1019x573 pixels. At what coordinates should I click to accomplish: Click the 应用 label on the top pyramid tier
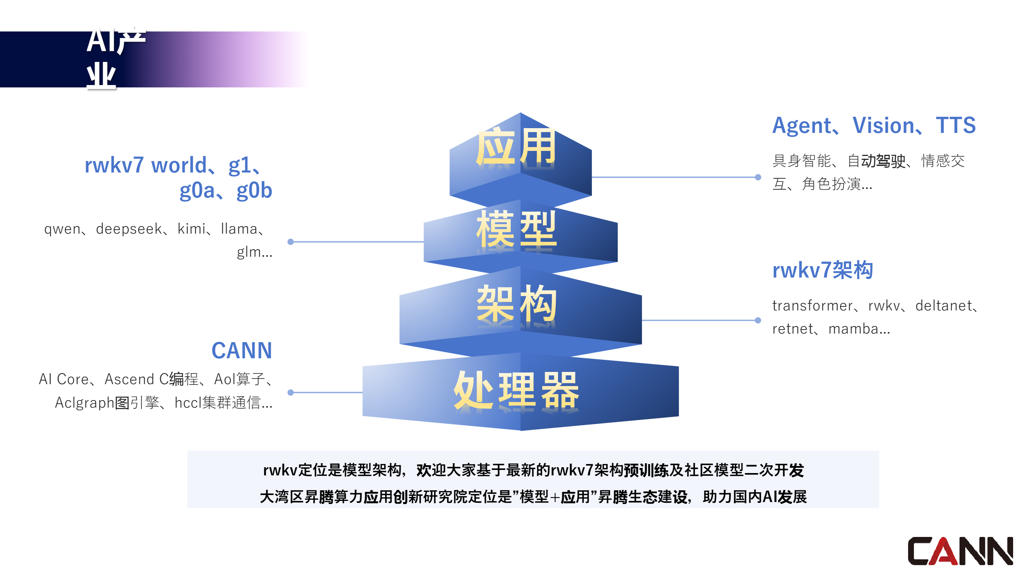point(516,147)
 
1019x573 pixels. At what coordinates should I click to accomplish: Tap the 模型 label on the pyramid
point(516,229)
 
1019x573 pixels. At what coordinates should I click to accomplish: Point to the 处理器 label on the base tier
point(516,390)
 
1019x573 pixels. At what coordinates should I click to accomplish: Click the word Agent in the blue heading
point(801,126)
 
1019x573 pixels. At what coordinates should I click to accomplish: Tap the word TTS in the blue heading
point(956,126)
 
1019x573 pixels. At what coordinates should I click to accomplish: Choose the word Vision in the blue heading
point(883,126)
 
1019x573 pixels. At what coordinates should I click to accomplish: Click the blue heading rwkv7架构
point(822,270)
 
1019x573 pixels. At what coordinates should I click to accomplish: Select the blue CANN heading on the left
point(242,351)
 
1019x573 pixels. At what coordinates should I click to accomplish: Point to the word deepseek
point(129,229)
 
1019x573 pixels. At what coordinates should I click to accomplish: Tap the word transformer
point(812,306)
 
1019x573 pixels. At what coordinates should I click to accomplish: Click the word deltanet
point(943,306)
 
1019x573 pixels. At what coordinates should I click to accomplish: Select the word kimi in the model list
point(192,229)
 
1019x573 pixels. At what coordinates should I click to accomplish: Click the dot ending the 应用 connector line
point(758,177)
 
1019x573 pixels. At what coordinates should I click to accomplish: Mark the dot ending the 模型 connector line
point(291,241)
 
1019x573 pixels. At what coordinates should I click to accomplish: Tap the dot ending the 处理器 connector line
point(291,393)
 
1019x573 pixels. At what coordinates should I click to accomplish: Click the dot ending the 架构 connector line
point(758,320)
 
